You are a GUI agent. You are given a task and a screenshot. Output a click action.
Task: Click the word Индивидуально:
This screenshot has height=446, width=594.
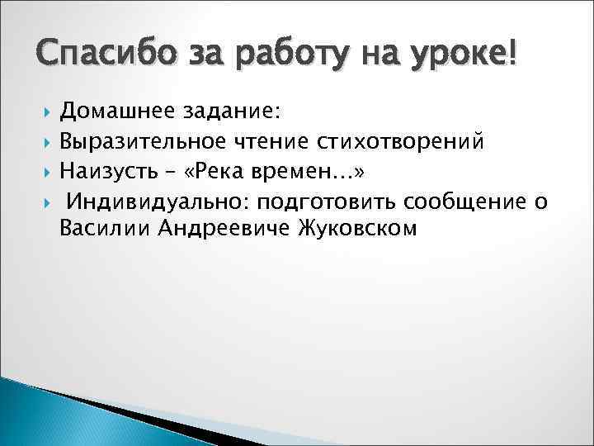click(x=162, y=201)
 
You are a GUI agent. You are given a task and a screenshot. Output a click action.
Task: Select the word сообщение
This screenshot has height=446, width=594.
click(x=463, y=201)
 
